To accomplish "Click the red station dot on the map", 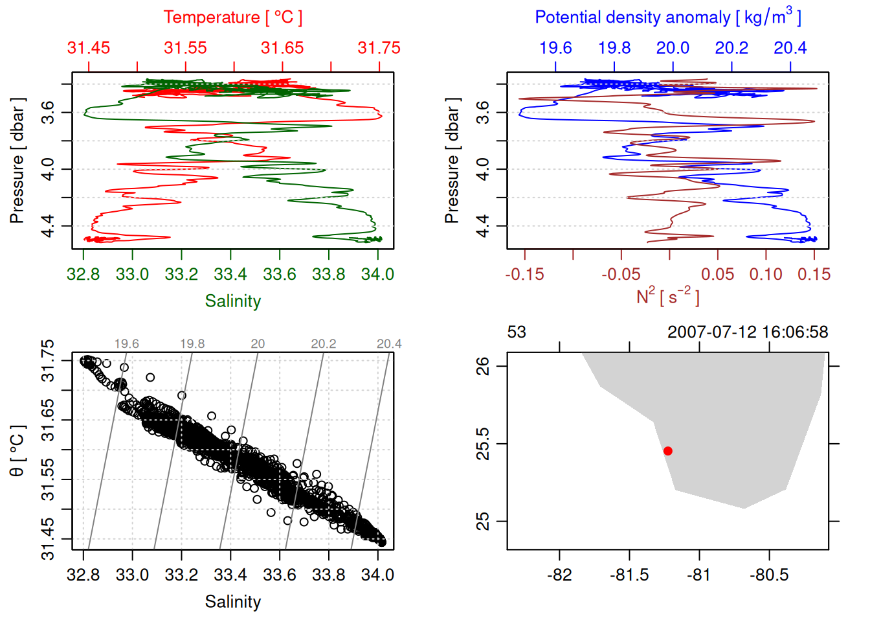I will pyautogui.click(x=667, y=451).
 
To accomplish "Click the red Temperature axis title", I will pyautogui.click(x=232, y=17).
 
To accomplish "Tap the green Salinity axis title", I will pyautogui.click(x=232, y=301).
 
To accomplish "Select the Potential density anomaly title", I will pyautogui.click(x=667, y=17).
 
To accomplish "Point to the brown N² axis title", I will pyautogui.click(x=667, y=296).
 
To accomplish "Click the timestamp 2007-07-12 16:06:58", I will pyautogui.click(x=747, y=332).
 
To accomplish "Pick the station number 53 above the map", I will pyautogui.click(x=517, y=332).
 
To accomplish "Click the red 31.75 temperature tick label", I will pyautogui.click(x=379, y=48).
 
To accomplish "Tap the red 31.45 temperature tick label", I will pyautogui.click(x=89, y=48).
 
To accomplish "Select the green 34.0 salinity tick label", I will pyautogui.click(x=377, y=275).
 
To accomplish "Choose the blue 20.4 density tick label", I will pyautogui.click(x=790, y=48).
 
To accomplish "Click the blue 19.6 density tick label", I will pyautogui.click(x=555, y=48).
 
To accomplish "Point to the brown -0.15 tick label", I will pyautogui.click(x=524, y=275).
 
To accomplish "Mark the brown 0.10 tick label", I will pyautogui.click(x=766, y=275).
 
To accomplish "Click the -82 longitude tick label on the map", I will pyautogui.click(x=559, y=575).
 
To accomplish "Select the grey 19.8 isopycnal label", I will pyautogui.click(x=192, y=344).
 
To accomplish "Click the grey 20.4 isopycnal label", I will pyautogui.click(x=389, y=344).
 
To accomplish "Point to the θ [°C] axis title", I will pyautogui.click(x=17, y=450).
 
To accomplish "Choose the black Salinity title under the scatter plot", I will pyautogui.click(x=232, y=602).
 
